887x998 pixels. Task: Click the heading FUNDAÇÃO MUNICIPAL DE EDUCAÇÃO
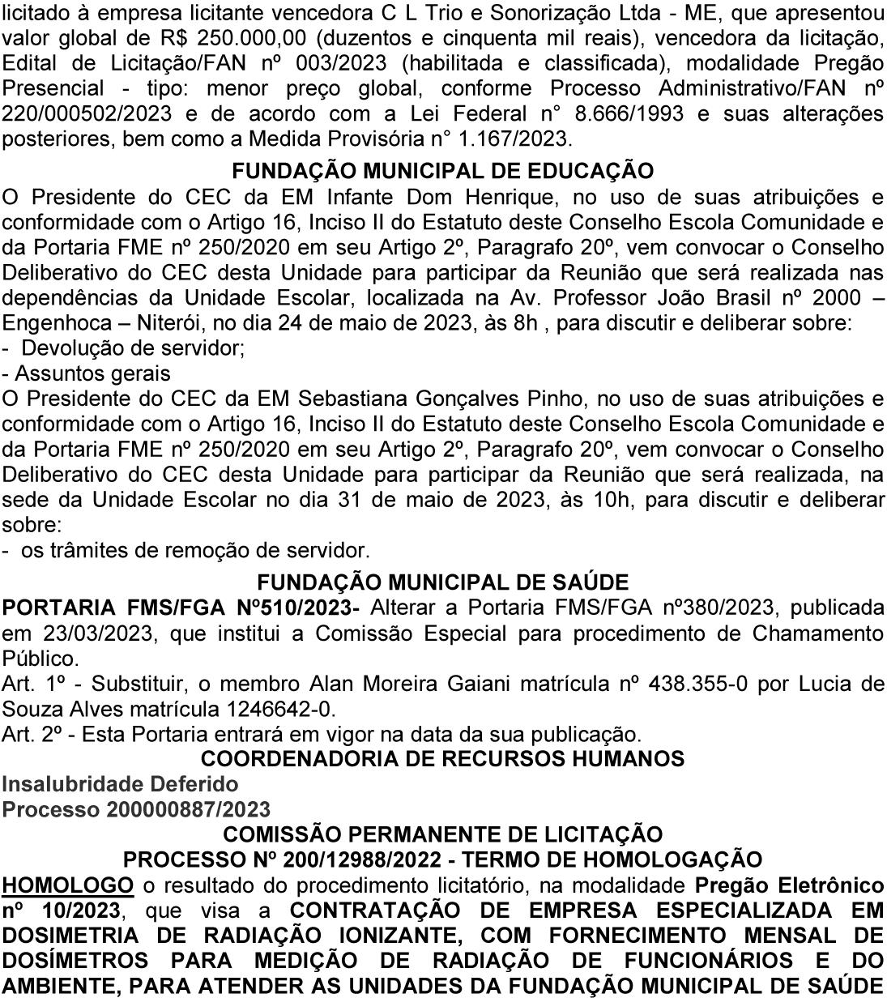pos(442,171)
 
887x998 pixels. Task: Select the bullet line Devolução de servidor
pos(133,348)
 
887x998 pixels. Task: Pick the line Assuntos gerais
pos(92,373)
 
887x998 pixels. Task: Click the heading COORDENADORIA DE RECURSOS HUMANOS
pos(442,759)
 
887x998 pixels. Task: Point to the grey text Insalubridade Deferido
pos(120,784)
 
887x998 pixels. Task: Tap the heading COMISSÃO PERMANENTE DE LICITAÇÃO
pos(442,834)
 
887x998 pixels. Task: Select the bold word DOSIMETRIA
pos(76,935)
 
